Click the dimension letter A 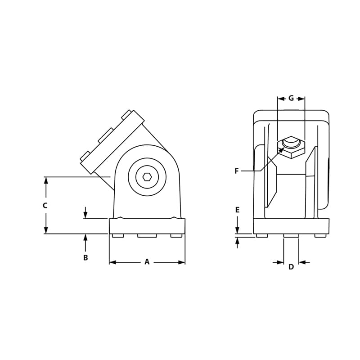[x=147, y=262]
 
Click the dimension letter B [x=85, y=258]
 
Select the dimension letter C [x=45, y=205]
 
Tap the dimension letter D [x=291, y=267]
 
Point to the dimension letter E [x=237, y=210]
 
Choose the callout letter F [x=236, y=171]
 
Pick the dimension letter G [x=291, y=98]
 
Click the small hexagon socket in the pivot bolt [x=147, y=177]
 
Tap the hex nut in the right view [x=291, y=148]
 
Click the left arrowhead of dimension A [x=112, y=262]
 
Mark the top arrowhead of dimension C [x=45, y=180]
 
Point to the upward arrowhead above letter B [x=85, y=237]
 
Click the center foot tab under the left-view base [x=147, y=235]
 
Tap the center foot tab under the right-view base [x=291, y=235]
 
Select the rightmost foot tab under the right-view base [x=320, y=235]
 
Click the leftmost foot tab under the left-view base [x=118, y=235]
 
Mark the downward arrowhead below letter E [x=237, y=231]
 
